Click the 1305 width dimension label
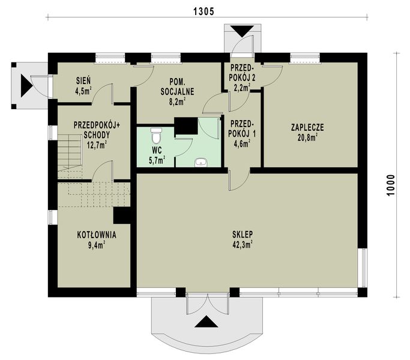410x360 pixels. tap(204, 11)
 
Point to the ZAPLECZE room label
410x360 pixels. tap(307, 127)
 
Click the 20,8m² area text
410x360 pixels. tap(307, 137)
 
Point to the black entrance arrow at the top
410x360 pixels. tap(242, 31)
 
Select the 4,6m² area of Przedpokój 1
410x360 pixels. tap(242, 143)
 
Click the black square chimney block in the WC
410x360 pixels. tap(186, 126)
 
